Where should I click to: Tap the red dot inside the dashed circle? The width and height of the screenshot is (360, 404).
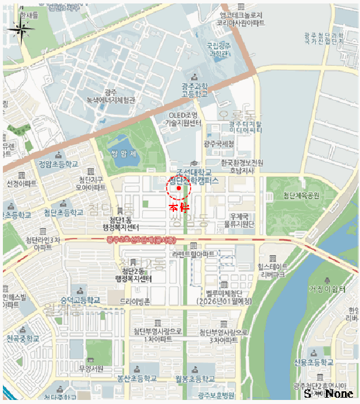(x=179, y=188)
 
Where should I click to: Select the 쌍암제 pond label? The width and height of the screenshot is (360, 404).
(x=124, y=154)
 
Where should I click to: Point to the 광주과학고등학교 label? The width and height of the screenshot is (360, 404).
(x=194, y=89)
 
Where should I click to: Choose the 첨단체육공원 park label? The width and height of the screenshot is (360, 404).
(x=301, y=196)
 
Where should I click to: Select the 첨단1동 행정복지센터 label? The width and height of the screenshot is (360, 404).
(x=118, y=224)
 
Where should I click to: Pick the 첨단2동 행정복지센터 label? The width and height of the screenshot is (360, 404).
(x=136, y=275)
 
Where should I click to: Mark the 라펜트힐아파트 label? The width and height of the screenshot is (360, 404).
(x=193, y=254)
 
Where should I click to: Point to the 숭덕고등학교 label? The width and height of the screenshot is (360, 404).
(x=80, y=300)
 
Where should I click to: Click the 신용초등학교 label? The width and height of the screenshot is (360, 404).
(x=313, y=362)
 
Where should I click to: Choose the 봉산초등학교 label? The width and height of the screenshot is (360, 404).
(x=137, y=379)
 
